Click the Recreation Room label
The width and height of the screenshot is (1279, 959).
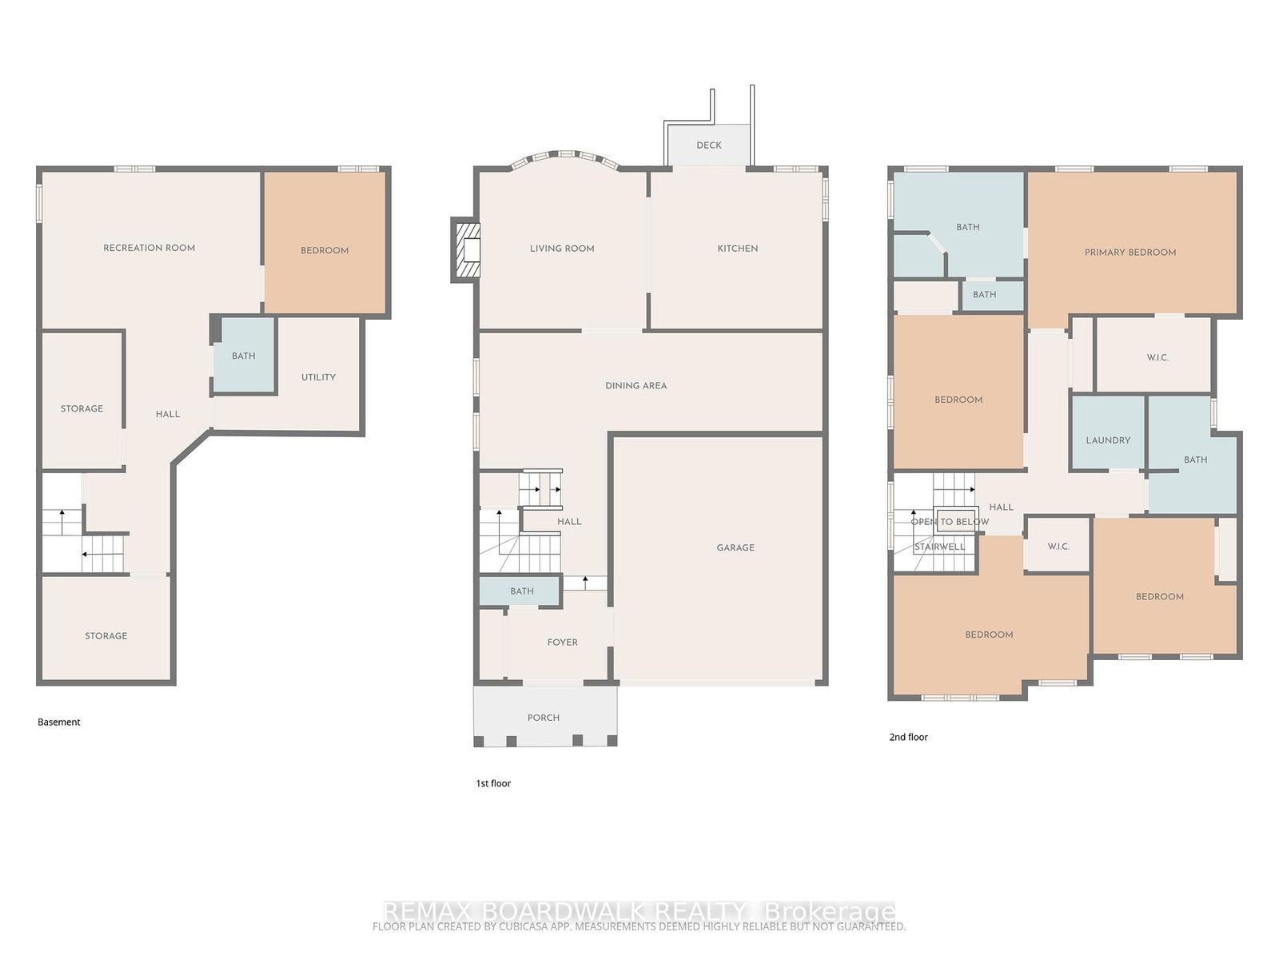(x=149, y=248)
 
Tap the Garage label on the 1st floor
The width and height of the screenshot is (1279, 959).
(x=735, y=548)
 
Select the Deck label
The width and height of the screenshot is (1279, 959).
(x=709, y=145)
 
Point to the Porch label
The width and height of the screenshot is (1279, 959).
(x=544, y=718)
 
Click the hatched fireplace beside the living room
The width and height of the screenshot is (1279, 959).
(x=467, y=250)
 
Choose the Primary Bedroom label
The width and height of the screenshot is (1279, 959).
(x=1130, y=252)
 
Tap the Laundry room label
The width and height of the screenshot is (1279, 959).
(x=1108, y=440)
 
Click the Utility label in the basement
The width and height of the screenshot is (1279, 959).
(x=318, y=377)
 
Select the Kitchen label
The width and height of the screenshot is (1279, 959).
(x=738, y=249)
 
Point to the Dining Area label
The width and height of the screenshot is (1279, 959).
(x=636, y=385)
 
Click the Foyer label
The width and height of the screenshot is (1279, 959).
(x=562, y=643)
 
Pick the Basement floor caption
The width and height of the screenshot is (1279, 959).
(x=59, y=722)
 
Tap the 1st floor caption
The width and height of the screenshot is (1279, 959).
(x=493, y=783)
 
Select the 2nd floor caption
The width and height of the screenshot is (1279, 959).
(x=908, y=737)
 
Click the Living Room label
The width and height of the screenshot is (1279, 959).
(x=562, y=249)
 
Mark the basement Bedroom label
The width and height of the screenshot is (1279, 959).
(x=325, y=250)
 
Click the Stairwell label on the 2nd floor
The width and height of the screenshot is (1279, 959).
(x=940, y=547)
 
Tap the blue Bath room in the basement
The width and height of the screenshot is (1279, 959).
(x=244, y=355)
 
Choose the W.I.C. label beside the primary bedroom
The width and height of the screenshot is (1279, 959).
(x=1157, y=357)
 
